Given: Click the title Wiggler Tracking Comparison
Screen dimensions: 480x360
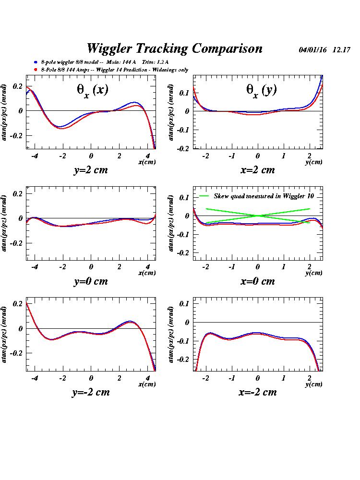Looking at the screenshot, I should [x=174, y=48].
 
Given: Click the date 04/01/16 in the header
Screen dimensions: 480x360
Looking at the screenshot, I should [x=312, y=50].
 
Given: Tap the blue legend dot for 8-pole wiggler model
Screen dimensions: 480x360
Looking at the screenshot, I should [x=36, y=62].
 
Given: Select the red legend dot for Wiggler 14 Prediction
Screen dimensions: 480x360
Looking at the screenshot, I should [x=36, y=70].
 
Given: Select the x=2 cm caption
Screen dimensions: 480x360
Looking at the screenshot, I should [x=258, y=170].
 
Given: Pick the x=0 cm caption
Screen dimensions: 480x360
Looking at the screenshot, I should [x=258, y=281].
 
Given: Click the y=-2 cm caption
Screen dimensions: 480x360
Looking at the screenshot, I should [x=91, y=392].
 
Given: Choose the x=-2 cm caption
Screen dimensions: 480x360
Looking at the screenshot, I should [x=258, y=392].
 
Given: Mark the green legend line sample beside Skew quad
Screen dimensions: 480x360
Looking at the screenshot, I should [x=204, y=196].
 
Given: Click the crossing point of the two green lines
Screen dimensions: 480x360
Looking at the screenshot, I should [x=258, y=216].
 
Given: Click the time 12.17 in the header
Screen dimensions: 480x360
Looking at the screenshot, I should [x=341, y=50].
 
